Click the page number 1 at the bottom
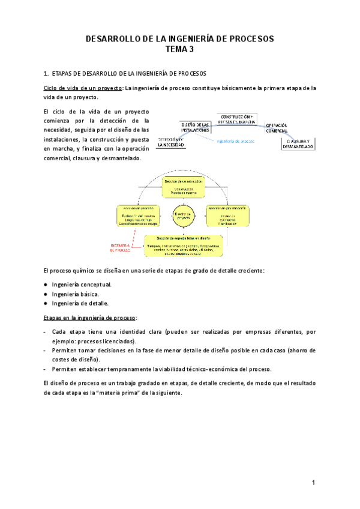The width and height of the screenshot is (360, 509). [313, 483]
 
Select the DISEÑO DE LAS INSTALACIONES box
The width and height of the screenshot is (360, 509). [194, 127]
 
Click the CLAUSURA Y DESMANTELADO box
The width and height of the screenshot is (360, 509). [298, 144]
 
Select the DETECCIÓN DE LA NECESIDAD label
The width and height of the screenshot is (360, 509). [172, 142]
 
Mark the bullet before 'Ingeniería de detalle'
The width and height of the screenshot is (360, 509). [46, 304]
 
